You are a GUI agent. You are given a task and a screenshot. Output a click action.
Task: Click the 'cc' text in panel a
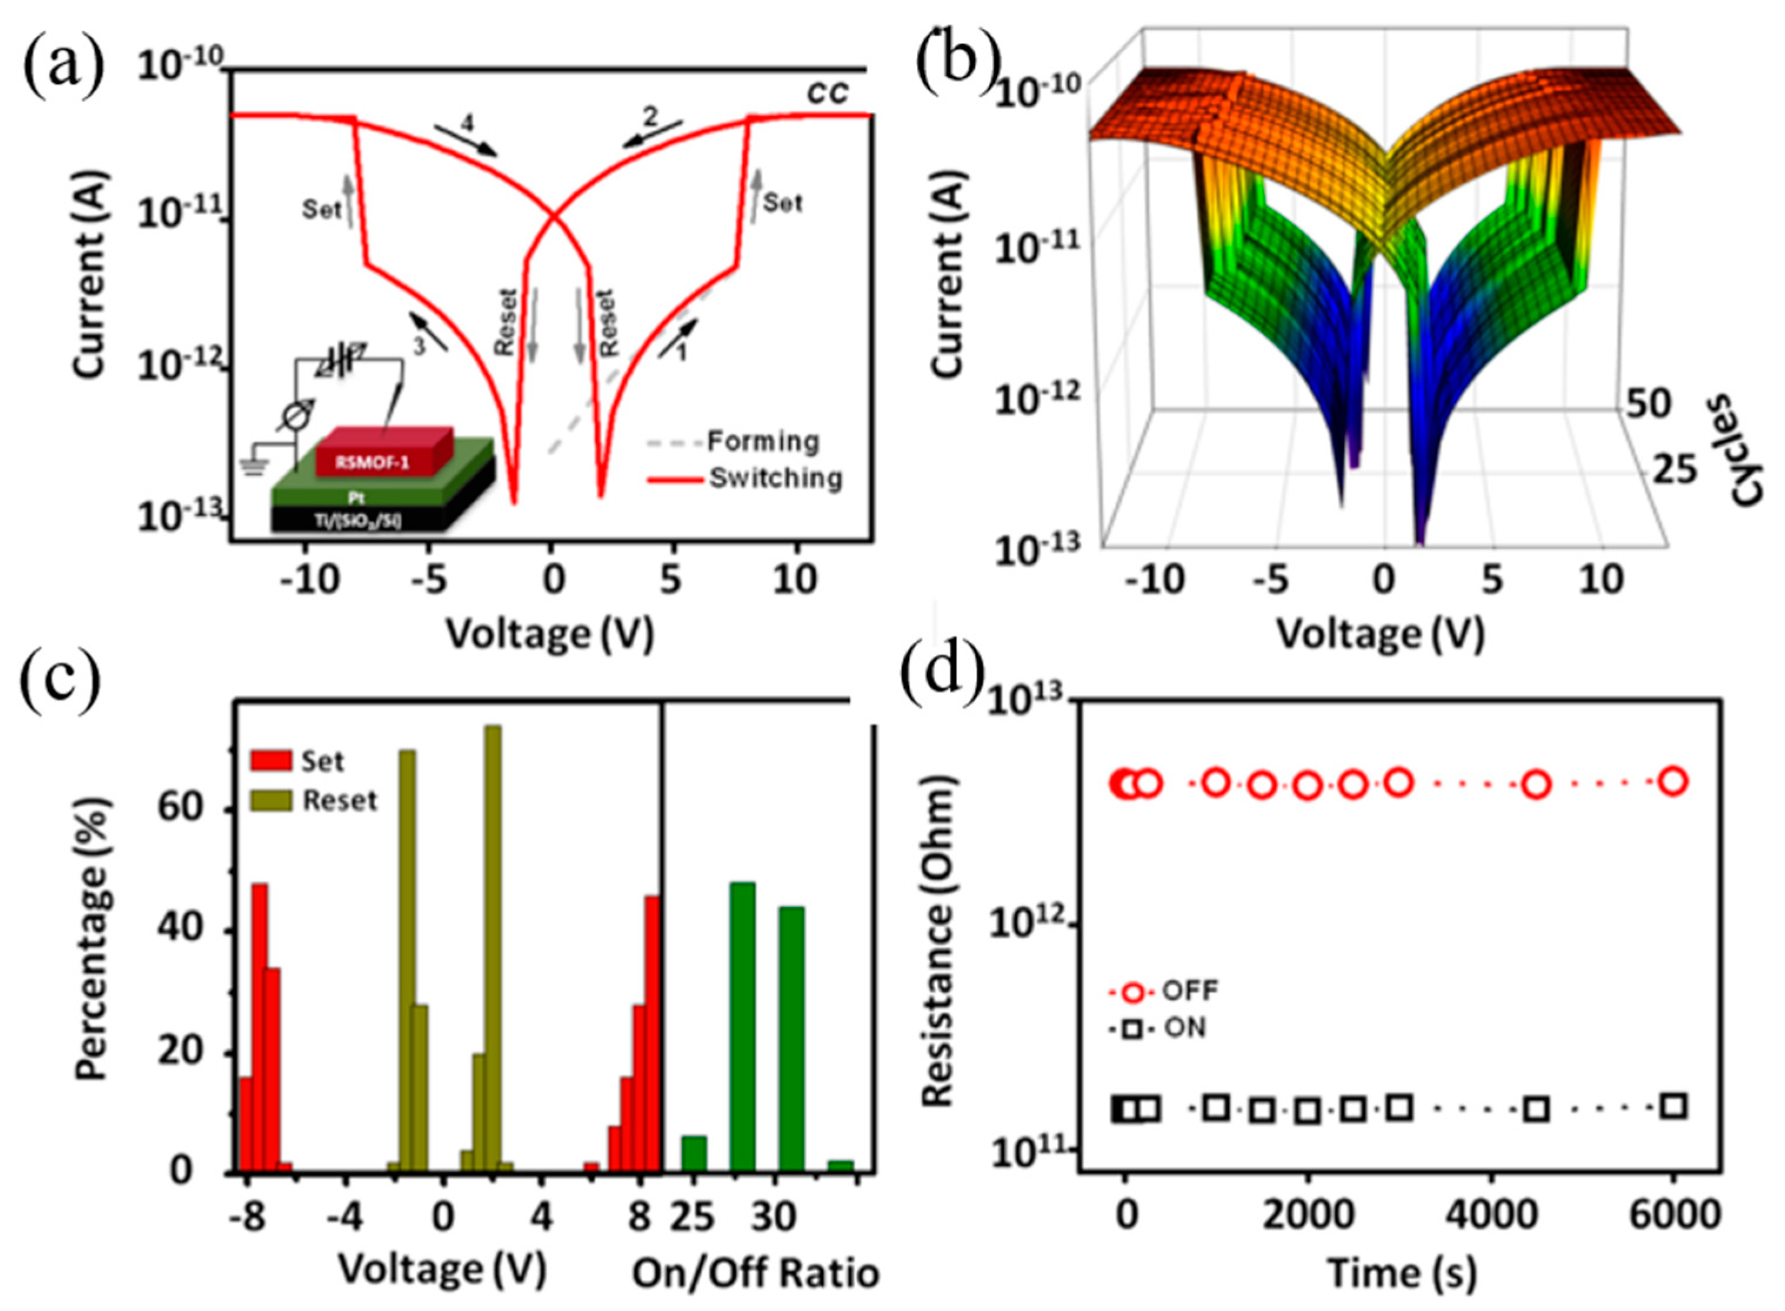tap(828, 93)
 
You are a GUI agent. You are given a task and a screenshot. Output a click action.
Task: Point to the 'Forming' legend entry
tap(763, 442)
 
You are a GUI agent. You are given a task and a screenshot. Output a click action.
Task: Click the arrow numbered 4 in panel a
tap(467, 136)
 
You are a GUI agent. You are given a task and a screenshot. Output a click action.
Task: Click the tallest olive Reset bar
tap(493, 948)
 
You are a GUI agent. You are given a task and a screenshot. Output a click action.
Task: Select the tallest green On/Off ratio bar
tap(742, 1027)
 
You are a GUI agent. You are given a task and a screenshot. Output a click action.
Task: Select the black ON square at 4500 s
tap(1537, 1109)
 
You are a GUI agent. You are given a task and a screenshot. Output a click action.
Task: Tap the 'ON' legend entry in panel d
tap(1184, 1028)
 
